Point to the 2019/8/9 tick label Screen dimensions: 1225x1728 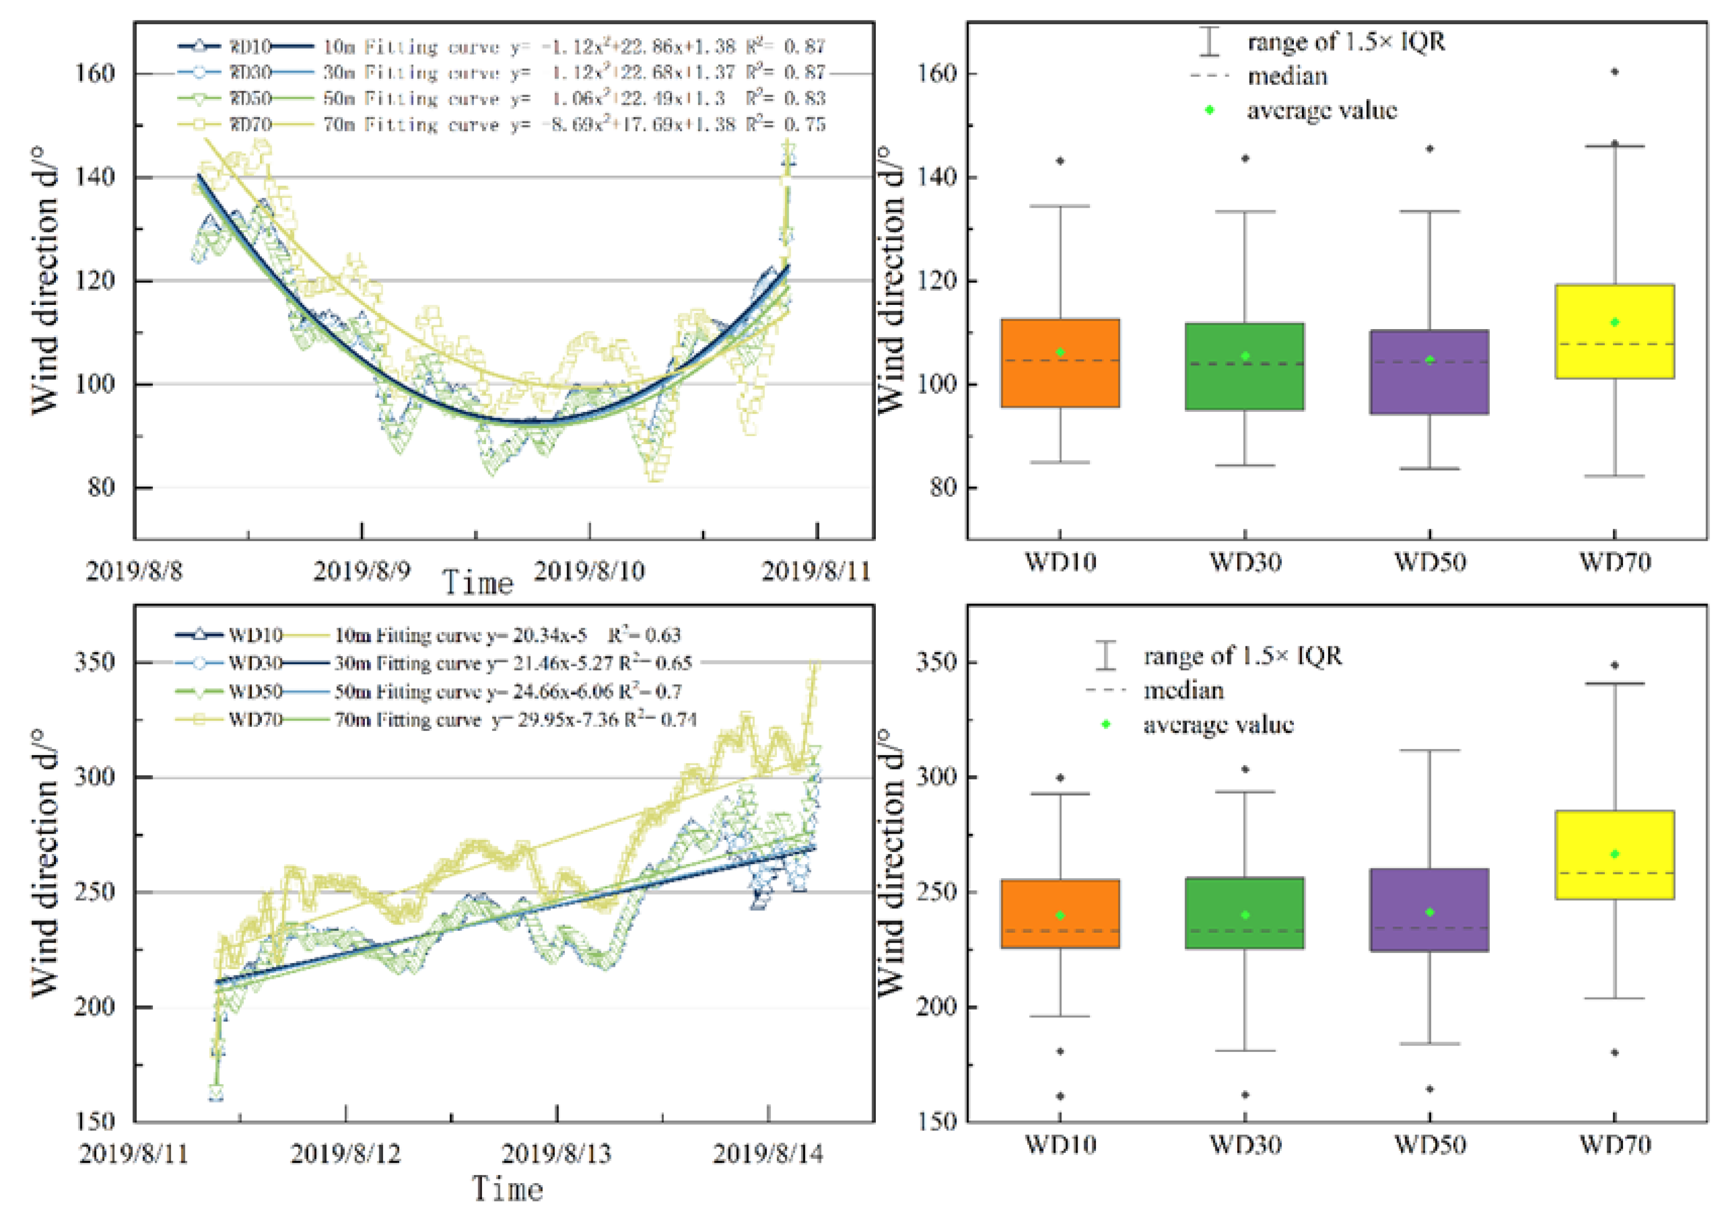(362, 571)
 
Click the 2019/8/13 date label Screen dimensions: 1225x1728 (557, 1153)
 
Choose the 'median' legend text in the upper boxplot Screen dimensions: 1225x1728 (1287, 76)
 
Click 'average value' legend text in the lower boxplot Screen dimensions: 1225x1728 (1218, 725)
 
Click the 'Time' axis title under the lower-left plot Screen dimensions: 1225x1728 (507, 1190)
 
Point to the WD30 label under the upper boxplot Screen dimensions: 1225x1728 (1245, 562)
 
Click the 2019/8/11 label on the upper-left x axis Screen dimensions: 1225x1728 (816, 571)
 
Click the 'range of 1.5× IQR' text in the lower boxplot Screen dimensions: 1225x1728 (1242, 656)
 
